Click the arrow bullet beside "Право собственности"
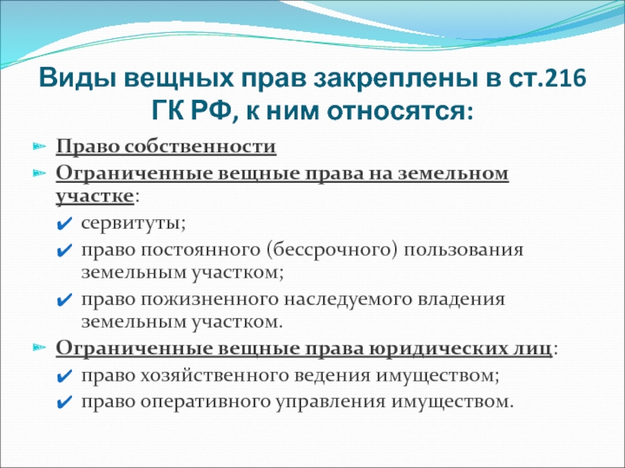40,146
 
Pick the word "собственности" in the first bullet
200,147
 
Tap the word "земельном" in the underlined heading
453,174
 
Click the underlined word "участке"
95,197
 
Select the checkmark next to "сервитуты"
65,224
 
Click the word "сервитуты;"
134,223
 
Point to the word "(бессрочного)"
333,250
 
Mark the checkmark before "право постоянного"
65,251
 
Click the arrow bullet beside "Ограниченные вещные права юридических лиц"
40,347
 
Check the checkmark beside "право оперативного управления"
65,402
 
